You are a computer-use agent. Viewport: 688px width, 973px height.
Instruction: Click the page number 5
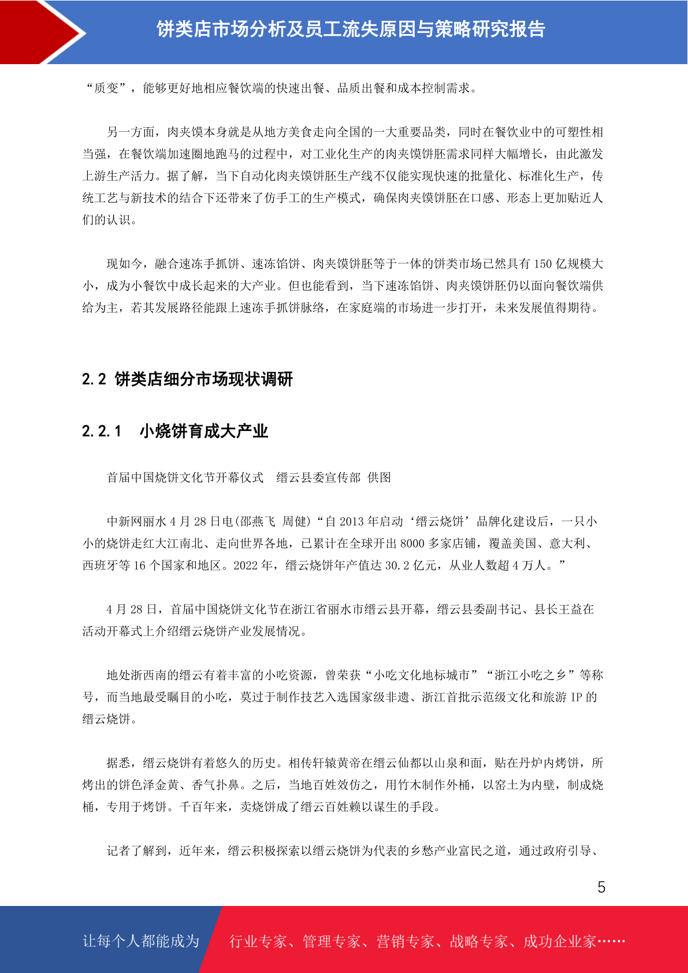coord(601,887)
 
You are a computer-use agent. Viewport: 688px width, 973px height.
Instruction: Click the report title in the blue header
coord(351,29)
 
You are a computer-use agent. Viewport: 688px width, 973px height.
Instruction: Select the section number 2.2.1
coord(102,431)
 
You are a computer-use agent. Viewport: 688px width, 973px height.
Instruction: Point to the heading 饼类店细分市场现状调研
coord(204,379)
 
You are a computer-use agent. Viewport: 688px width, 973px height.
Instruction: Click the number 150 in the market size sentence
coord(542,264)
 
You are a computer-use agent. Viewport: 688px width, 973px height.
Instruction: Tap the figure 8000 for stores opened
coord(412,544)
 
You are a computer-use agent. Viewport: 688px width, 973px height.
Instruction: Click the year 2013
coord(351,522)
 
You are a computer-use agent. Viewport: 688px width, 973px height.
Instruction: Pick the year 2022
coord(246,566)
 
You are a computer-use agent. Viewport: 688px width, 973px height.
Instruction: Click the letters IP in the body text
coord(577,697)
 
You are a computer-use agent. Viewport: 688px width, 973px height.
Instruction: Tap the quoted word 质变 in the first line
coord(106,88)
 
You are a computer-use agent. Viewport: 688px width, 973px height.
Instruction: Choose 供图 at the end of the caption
coord(380,478)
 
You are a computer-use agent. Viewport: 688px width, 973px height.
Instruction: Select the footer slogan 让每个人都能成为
coord(141,941)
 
